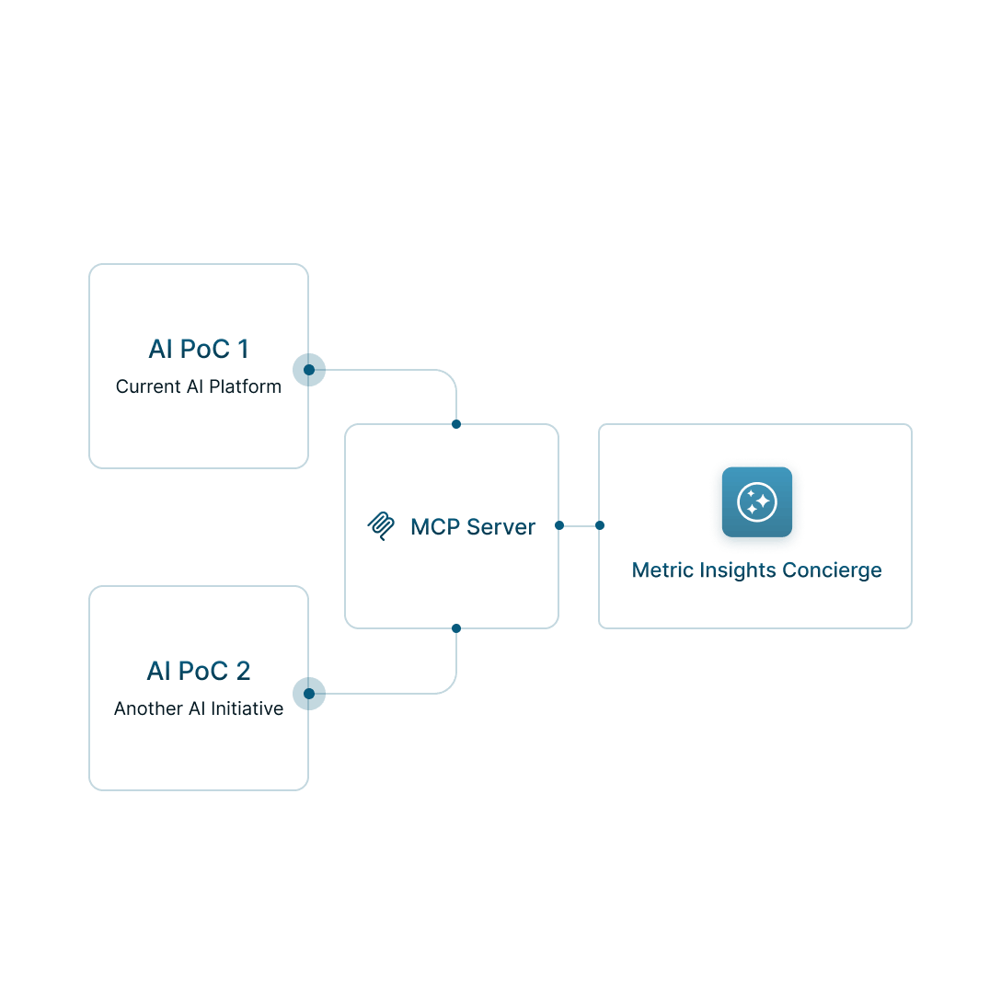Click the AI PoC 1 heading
tap(199, 350)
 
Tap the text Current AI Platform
tap(199, 386)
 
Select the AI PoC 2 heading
tap(199, 672)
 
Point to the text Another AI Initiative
tap(199, 708)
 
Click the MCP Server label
tap(473, 527)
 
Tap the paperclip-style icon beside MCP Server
tap(381, 527)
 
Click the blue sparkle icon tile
tap(757, 502)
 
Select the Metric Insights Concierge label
tap(756, 570)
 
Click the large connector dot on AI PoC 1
tap(310, 370)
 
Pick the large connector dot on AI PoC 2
tap(310, 693)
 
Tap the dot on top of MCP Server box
tap(456, 424)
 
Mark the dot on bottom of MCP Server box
tap(456, 628)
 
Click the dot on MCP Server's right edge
tap(559, 525)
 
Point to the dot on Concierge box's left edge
tap(600, 525)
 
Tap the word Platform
tap(245, 386)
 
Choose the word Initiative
tap(247, 708)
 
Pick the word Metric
tap(659, 570)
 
